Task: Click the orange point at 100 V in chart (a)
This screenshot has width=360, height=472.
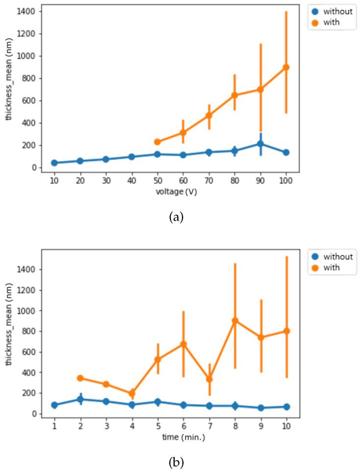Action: [x=286, y=67]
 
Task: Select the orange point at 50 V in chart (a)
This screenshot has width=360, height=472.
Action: [x=157, y=142]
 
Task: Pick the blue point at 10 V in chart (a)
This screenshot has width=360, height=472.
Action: [x=54, y=163]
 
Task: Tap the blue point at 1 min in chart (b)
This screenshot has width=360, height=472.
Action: [x=54, y=405]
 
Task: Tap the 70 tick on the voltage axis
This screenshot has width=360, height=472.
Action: [x=209, y=180]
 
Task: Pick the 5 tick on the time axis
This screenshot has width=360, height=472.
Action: [x=157, y=426]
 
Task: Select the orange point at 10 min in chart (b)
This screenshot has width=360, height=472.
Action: [x=286, y=331]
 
